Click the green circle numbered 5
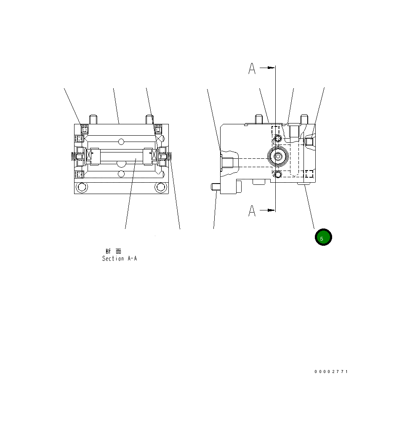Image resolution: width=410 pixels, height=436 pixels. (x=323, y=237)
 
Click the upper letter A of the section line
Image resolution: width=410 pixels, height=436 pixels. (x=252, y=68)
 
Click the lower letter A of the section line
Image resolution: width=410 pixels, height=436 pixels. (x=252, y=211)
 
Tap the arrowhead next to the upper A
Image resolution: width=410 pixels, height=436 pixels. (x=271, y=67)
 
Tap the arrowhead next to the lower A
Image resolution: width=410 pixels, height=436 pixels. (x=271, y=210)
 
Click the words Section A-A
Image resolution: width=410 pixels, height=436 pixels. (x=120, y=259)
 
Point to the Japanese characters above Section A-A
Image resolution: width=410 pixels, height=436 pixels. (x=114, y=251)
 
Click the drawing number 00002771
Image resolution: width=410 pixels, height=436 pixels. (x=331, y=372)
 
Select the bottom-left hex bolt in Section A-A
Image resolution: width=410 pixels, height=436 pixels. (x=81, y=187)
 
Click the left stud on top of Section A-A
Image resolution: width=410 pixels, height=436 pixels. (x=93, y=119)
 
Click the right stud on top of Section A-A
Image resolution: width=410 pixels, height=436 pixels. (x=149, y=119)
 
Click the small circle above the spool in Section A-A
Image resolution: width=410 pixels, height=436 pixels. (x=121, y=141)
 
